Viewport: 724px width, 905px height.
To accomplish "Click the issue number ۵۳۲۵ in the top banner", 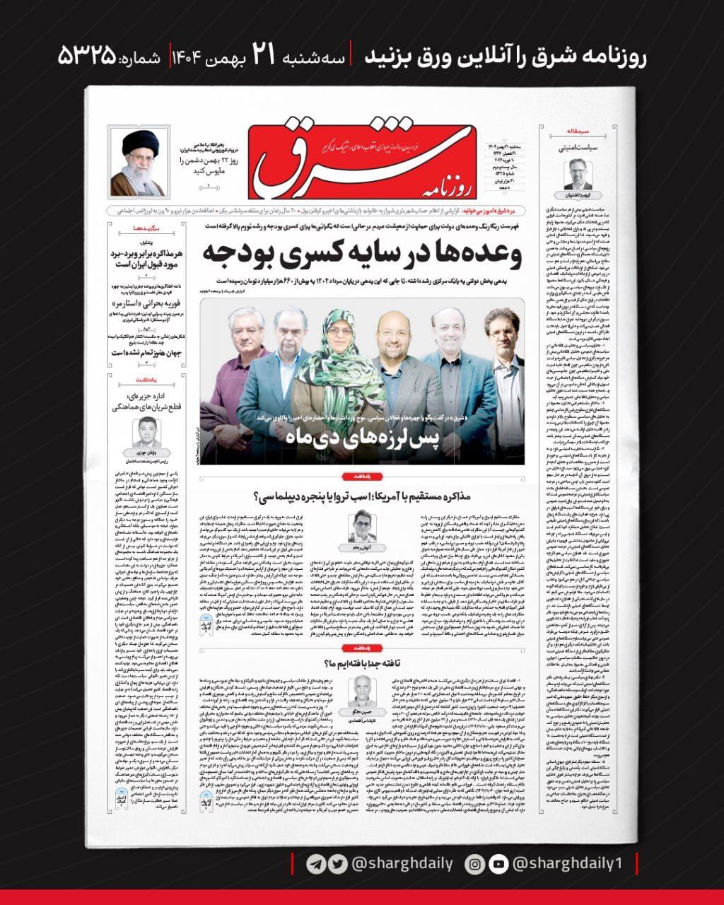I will (88, 57).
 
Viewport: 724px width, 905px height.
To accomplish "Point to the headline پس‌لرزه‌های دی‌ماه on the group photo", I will (362, 440).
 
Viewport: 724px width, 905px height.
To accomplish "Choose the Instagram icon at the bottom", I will (477, 863).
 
